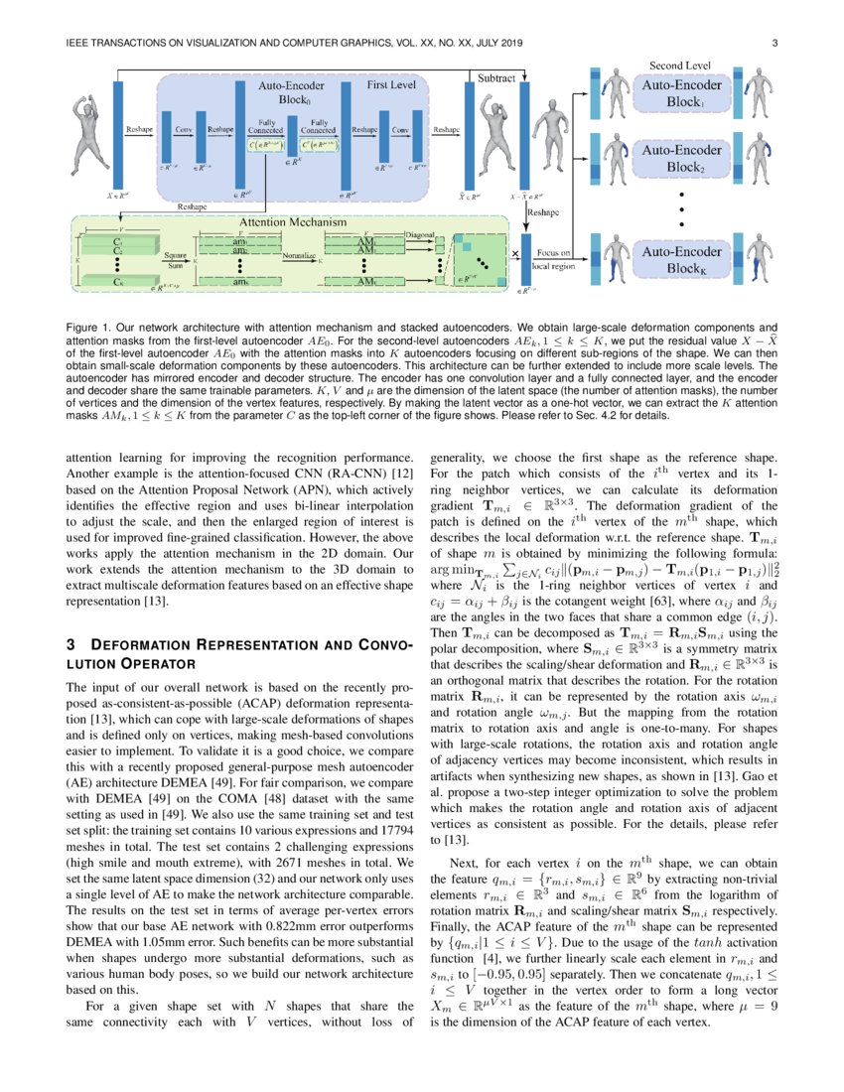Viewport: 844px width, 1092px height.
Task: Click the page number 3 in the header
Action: pos(773,43)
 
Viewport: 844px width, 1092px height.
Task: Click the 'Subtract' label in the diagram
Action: pos(496,77)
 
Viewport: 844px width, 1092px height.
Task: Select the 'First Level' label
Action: pos(390,85)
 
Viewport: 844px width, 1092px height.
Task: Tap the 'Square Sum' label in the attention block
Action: pos(175,260)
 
